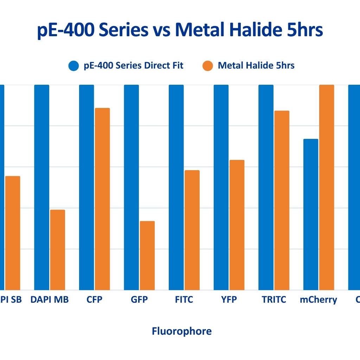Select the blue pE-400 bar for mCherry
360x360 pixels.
point(311,214)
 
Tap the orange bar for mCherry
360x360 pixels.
point(327,187)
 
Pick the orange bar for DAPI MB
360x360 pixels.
point(57,250)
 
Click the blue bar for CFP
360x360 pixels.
point(86,187)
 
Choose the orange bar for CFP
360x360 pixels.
point(102,199)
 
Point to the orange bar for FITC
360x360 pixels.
point(192,230)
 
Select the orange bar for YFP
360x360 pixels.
point(237,225)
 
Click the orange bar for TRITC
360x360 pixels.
point(282,200)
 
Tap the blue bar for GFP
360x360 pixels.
point(131,187)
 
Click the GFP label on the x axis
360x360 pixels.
point(139,300)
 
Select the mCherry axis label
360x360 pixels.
point(319,300)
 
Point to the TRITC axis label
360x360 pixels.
point(274,300)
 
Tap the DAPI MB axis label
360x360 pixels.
point(50,300)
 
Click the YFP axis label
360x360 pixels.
point(229,300)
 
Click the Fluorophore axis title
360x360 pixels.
point(182,331)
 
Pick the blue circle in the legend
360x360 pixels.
point(74,66)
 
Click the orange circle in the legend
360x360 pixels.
point(208,66)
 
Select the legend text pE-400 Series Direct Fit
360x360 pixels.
point(134,66)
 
